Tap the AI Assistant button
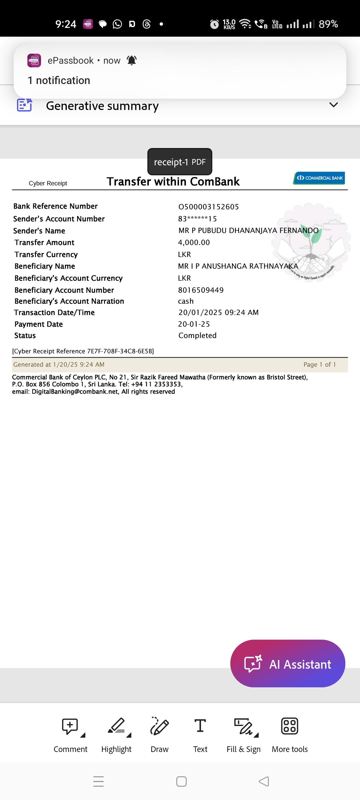288,664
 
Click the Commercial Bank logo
319,178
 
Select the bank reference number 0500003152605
209,207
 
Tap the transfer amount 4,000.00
194,242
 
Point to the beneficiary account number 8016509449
201,290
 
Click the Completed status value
197,335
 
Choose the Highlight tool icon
116,726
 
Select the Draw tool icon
159,726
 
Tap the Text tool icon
200,726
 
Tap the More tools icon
290,726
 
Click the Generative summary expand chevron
333,105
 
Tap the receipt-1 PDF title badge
180,162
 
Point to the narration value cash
186,301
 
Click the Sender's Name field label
39,231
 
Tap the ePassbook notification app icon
34,60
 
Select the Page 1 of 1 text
319,364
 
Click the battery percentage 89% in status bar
328,24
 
